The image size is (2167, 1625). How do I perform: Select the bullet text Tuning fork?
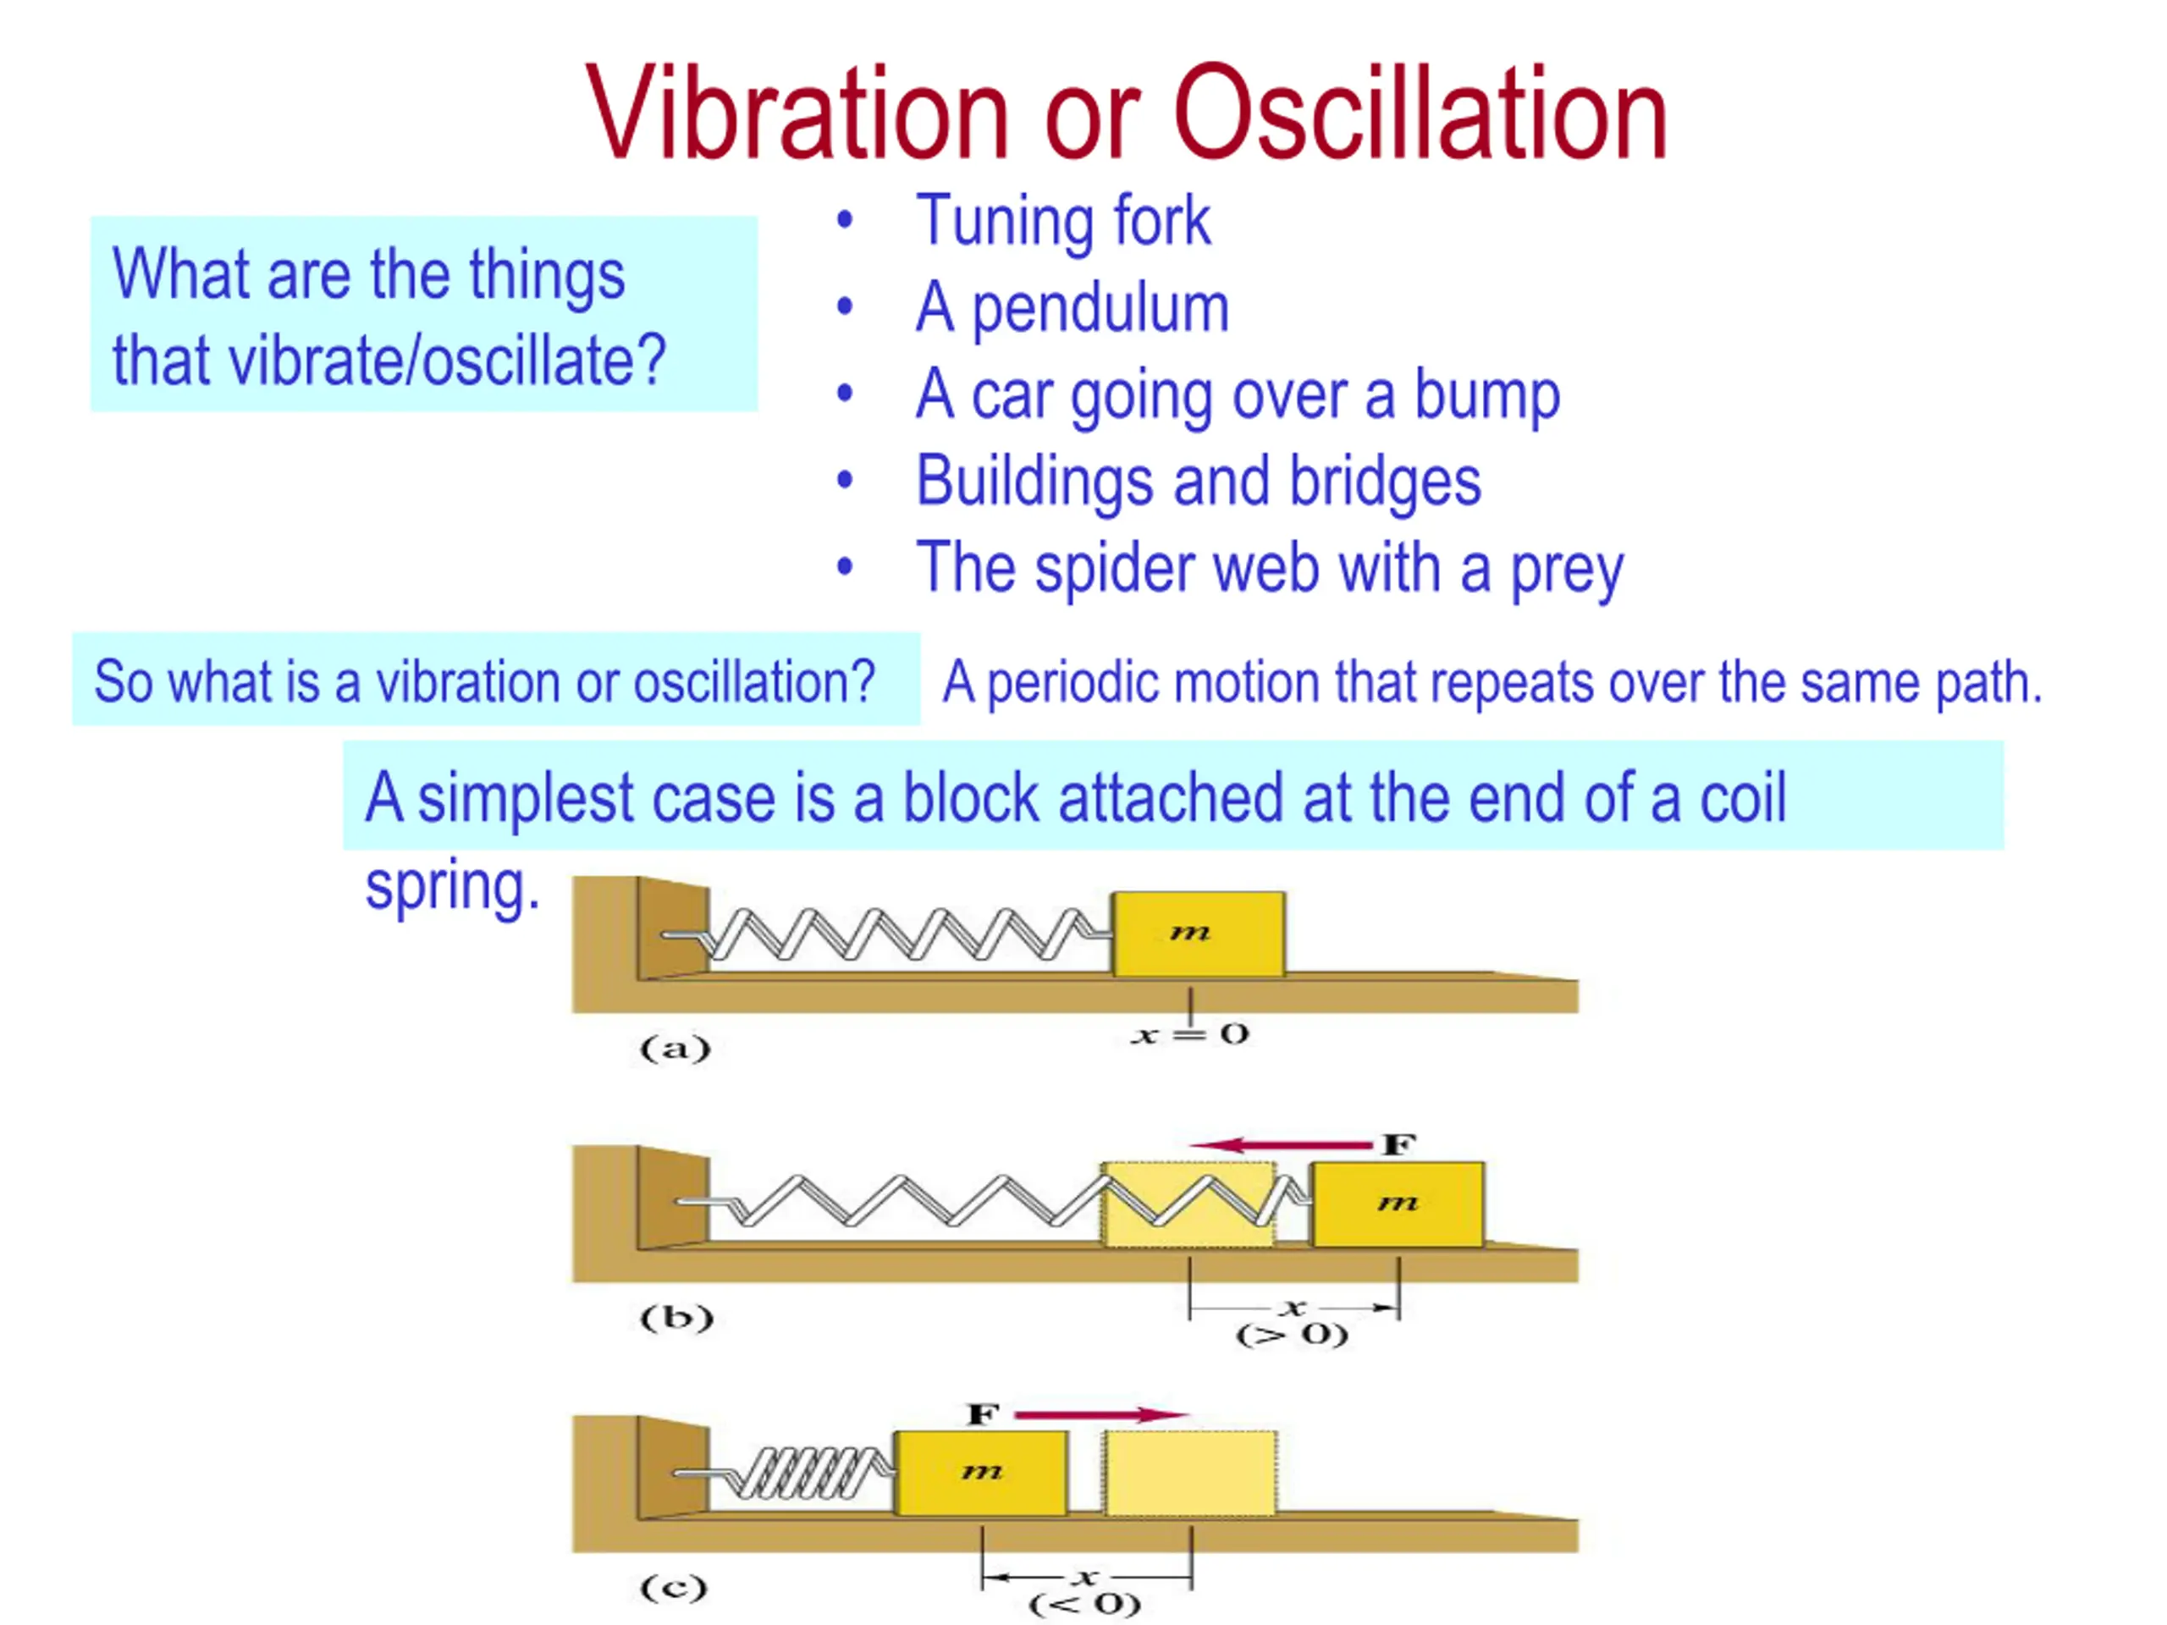coord(1063,222)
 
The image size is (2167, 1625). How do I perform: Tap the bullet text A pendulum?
coord(1072,310)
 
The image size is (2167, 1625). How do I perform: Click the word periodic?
coord(1072,683)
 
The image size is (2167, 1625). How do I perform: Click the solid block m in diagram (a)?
coord(1198,934)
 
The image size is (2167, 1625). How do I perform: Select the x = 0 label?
coord(1189,1034)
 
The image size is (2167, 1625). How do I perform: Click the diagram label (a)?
coord(675,1049)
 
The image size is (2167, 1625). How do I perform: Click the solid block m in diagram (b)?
coord(1398,1204)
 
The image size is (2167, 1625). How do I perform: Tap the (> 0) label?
coord(1293,1335)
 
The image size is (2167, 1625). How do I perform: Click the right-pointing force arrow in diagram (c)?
coord(1101,1414)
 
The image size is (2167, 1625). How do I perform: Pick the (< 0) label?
coord(1084,1605)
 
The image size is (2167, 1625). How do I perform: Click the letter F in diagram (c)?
coord(983,1414)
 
